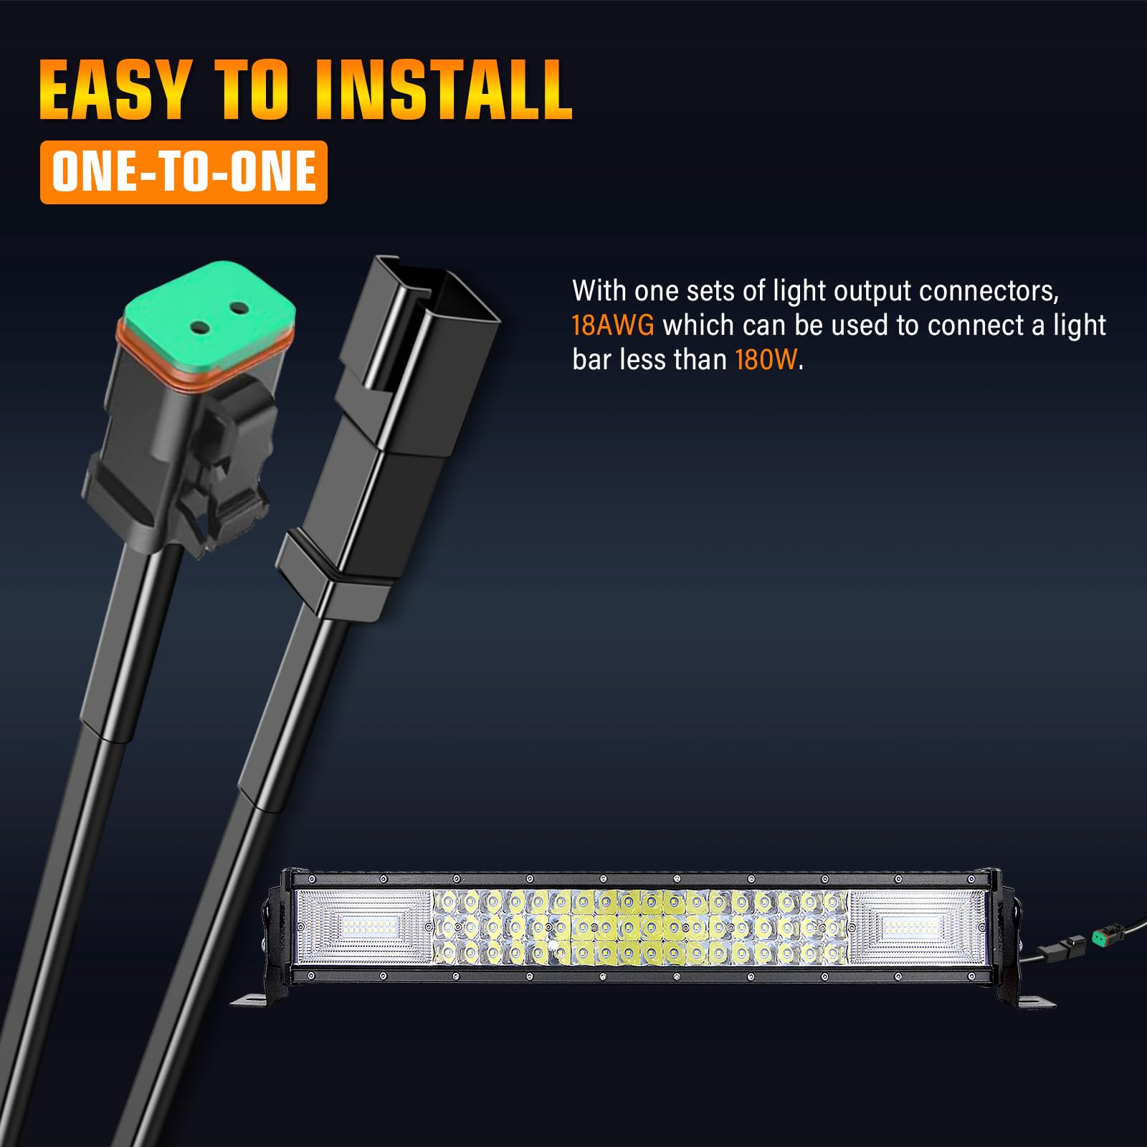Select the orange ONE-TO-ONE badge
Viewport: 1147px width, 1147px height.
coord(184,172)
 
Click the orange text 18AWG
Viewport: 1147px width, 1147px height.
coord(613,325)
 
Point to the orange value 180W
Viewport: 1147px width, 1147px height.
coord(766,359)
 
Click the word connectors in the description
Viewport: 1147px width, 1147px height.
coord(989,291)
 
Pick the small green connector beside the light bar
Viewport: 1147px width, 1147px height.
coord(1100,936)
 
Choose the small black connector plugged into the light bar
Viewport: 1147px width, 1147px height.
coord(1067,946)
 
